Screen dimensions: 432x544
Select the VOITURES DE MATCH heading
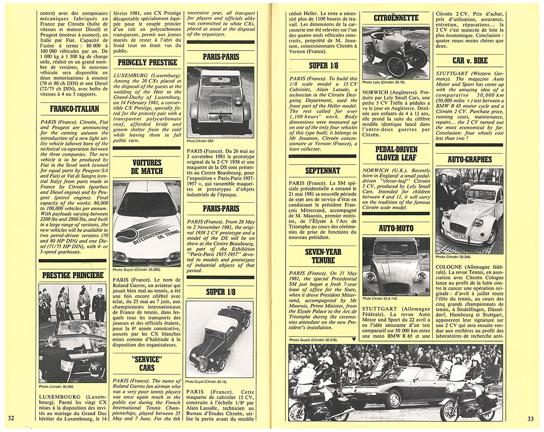tap(147, 167)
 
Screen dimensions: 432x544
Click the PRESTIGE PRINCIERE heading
tap(72, 275)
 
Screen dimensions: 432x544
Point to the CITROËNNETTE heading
tap(395, 18)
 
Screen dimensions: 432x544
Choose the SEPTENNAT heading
tap(323, 171)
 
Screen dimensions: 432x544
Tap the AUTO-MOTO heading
tap(395, 229)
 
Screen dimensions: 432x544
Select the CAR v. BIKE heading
tap(469, 60)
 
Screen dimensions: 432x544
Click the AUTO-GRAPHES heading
tap(469, 159)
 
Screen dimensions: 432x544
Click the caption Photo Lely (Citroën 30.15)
tap(384, 82)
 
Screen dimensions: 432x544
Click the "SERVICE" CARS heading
tap(148, 363)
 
